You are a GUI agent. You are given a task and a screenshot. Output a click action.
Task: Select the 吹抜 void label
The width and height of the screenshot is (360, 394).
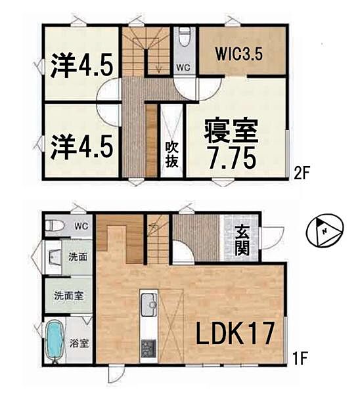click(x=171, y=153)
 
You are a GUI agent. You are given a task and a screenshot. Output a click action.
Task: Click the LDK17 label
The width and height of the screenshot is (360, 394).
click(x=233, y=334)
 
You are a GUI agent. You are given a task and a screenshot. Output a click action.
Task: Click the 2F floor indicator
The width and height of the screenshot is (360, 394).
click(x=302, y=174)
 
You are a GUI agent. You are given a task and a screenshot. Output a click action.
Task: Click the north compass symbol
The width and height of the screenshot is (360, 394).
click(x=325, y=231)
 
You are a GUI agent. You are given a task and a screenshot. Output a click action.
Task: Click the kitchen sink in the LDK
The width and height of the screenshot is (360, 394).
click(x=148, y=304)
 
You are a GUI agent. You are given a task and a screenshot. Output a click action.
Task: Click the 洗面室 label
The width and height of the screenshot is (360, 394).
click(x=68, y=296)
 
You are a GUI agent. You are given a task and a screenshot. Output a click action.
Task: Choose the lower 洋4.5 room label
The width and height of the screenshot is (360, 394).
click(x=83, y=142)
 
